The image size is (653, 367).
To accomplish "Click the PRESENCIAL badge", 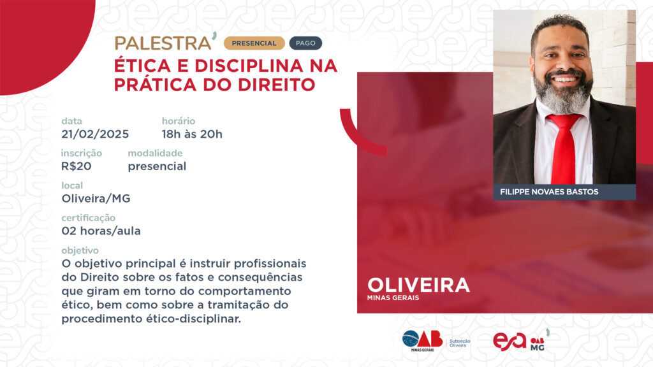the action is pos(254,43).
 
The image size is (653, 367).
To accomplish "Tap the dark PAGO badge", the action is pos(305,43).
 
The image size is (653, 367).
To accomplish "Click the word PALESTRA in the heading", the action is pos(163,43).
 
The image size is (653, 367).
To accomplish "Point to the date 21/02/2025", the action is pos(95,134).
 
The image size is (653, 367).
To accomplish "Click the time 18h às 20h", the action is pos(192,134).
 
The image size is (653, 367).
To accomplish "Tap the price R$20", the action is pos(77,166).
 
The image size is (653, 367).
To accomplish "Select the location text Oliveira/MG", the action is pos(96,199).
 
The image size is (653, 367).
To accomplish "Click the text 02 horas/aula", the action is pos(101,231).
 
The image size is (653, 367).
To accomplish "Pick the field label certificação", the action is pos(88,218).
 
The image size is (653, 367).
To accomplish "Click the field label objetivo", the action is pos(80,250).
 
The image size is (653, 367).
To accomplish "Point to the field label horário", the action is pos(179,121).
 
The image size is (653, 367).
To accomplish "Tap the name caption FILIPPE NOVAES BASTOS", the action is pos(549,192).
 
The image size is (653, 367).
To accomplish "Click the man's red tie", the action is pos(564,148).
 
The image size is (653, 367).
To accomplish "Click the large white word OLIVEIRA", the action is pos(418,285).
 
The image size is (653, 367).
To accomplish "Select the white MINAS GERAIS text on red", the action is pos(393,298).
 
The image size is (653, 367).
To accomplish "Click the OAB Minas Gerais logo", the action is pos(422,341).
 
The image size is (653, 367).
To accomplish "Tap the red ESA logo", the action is pos(510,342).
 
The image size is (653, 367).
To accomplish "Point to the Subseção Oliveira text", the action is pos(460,343).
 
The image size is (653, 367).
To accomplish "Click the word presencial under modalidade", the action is pos(157,166).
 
